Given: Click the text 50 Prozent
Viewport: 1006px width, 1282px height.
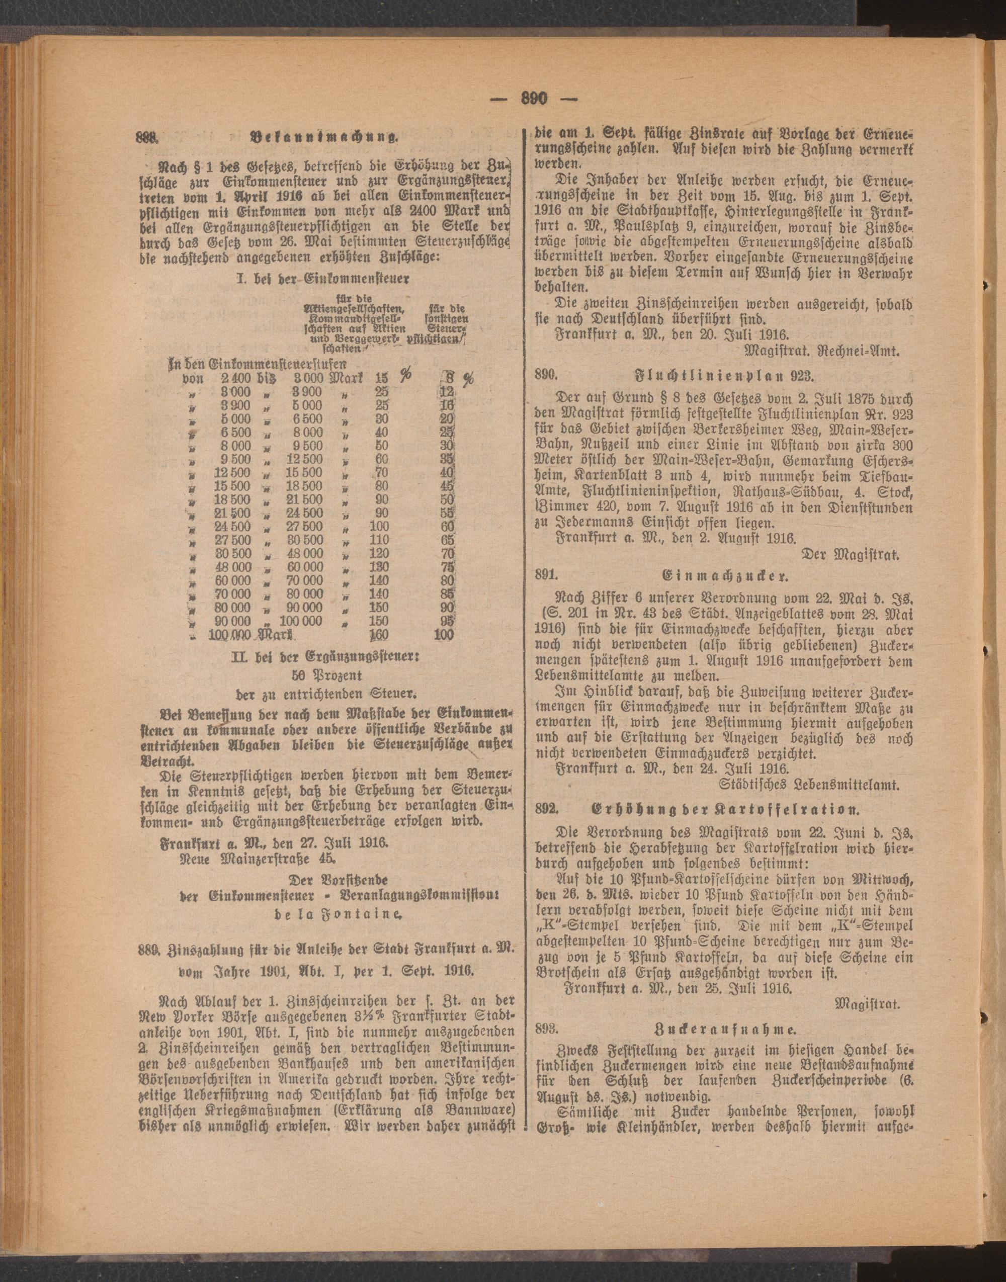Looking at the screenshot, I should click(x=327, y=673).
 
